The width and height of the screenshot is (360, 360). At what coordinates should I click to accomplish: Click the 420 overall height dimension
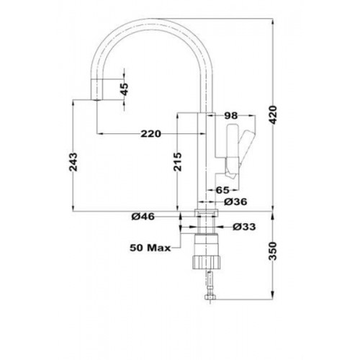(x=274, y=114)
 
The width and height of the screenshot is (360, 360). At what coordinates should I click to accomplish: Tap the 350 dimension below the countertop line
(x=273, y=251)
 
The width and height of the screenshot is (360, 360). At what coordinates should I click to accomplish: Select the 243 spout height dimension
(x=73, y=162)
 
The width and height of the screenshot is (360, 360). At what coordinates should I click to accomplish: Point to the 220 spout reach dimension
(x=150, y=134)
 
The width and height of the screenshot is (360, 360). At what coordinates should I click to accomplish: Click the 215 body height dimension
(x=178, y=162)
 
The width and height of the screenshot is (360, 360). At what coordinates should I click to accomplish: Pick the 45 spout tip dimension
(x=125, y=89)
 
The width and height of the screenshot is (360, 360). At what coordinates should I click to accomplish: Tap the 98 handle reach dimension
(x=230, y=116)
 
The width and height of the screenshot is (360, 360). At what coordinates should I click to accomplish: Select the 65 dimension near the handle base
(x=223, y=190)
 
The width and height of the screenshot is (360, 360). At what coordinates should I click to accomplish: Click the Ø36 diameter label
(x=235, y=202)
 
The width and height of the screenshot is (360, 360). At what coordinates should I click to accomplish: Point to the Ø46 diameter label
(x=143, y=217)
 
